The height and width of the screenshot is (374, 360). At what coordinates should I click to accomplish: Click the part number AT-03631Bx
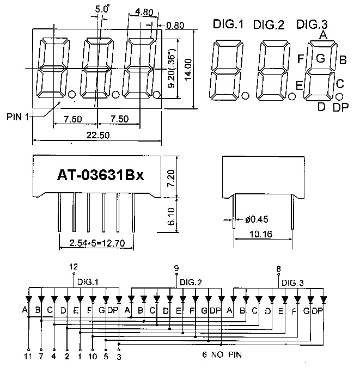tap(100, 176)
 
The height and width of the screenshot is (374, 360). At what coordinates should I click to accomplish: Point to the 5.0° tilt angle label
tap(102, 9)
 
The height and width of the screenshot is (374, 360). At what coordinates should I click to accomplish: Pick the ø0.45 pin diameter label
tap(255, 220)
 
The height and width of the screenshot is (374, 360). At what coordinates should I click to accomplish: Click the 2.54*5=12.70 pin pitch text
tap(96, 243)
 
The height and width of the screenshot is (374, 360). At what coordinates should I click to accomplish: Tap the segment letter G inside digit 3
tap(320, 58)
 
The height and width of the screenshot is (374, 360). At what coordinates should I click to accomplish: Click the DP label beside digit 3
tap(340, 107)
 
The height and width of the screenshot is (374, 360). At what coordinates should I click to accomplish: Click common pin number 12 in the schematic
tap(74, 267)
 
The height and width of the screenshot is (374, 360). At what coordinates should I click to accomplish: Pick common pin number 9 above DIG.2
tap(176, 268)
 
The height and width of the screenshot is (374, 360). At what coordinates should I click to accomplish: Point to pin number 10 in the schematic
tap(93, 357)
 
